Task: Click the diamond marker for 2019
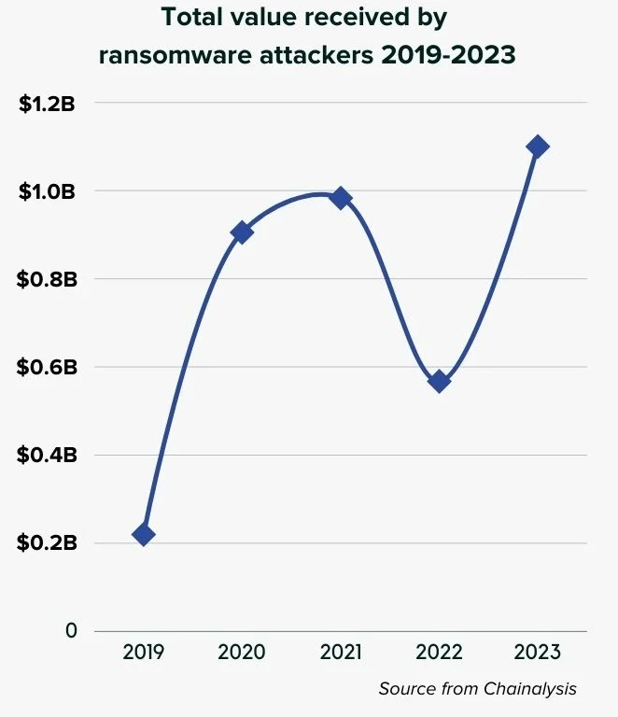point(143,534)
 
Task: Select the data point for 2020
point(242,232)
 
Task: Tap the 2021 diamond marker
point(341,197)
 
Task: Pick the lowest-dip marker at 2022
point(439,381)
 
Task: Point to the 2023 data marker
point(538,147)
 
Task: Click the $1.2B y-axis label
point(47,103)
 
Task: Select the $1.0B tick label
point(47,190)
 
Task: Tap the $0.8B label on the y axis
point(47,278)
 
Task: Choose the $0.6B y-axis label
point(47,367)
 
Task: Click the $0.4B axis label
point(47,455)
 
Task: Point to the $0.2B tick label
point(47,542)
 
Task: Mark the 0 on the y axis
point(71,631)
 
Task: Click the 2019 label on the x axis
point(143,652)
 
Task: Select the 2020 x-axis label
point(242,652)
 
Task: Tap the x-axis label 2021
point(341,652)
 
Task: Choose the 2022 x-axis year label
point(439,652)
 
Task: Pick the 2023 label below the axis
point(538,652)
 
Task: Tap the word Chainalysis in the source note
point(530,689)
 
